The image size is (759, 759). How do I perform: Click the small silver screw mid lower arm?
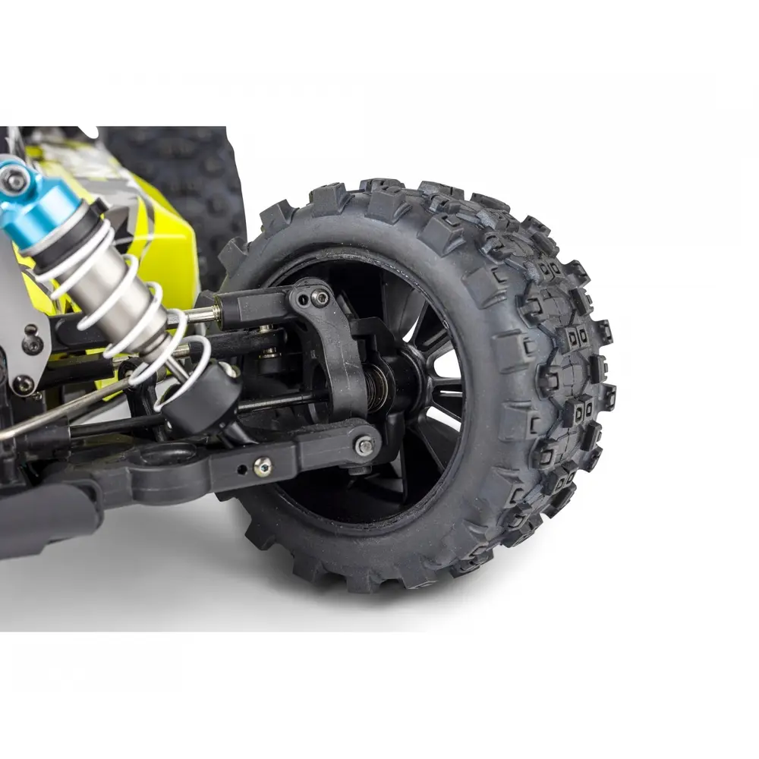(x=263, y=467)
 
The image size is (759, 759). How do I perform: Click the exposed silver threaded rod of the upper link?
(x=201, y=313)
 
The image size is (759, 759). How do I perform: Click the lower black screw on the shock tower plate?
(x=23, y=385)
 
